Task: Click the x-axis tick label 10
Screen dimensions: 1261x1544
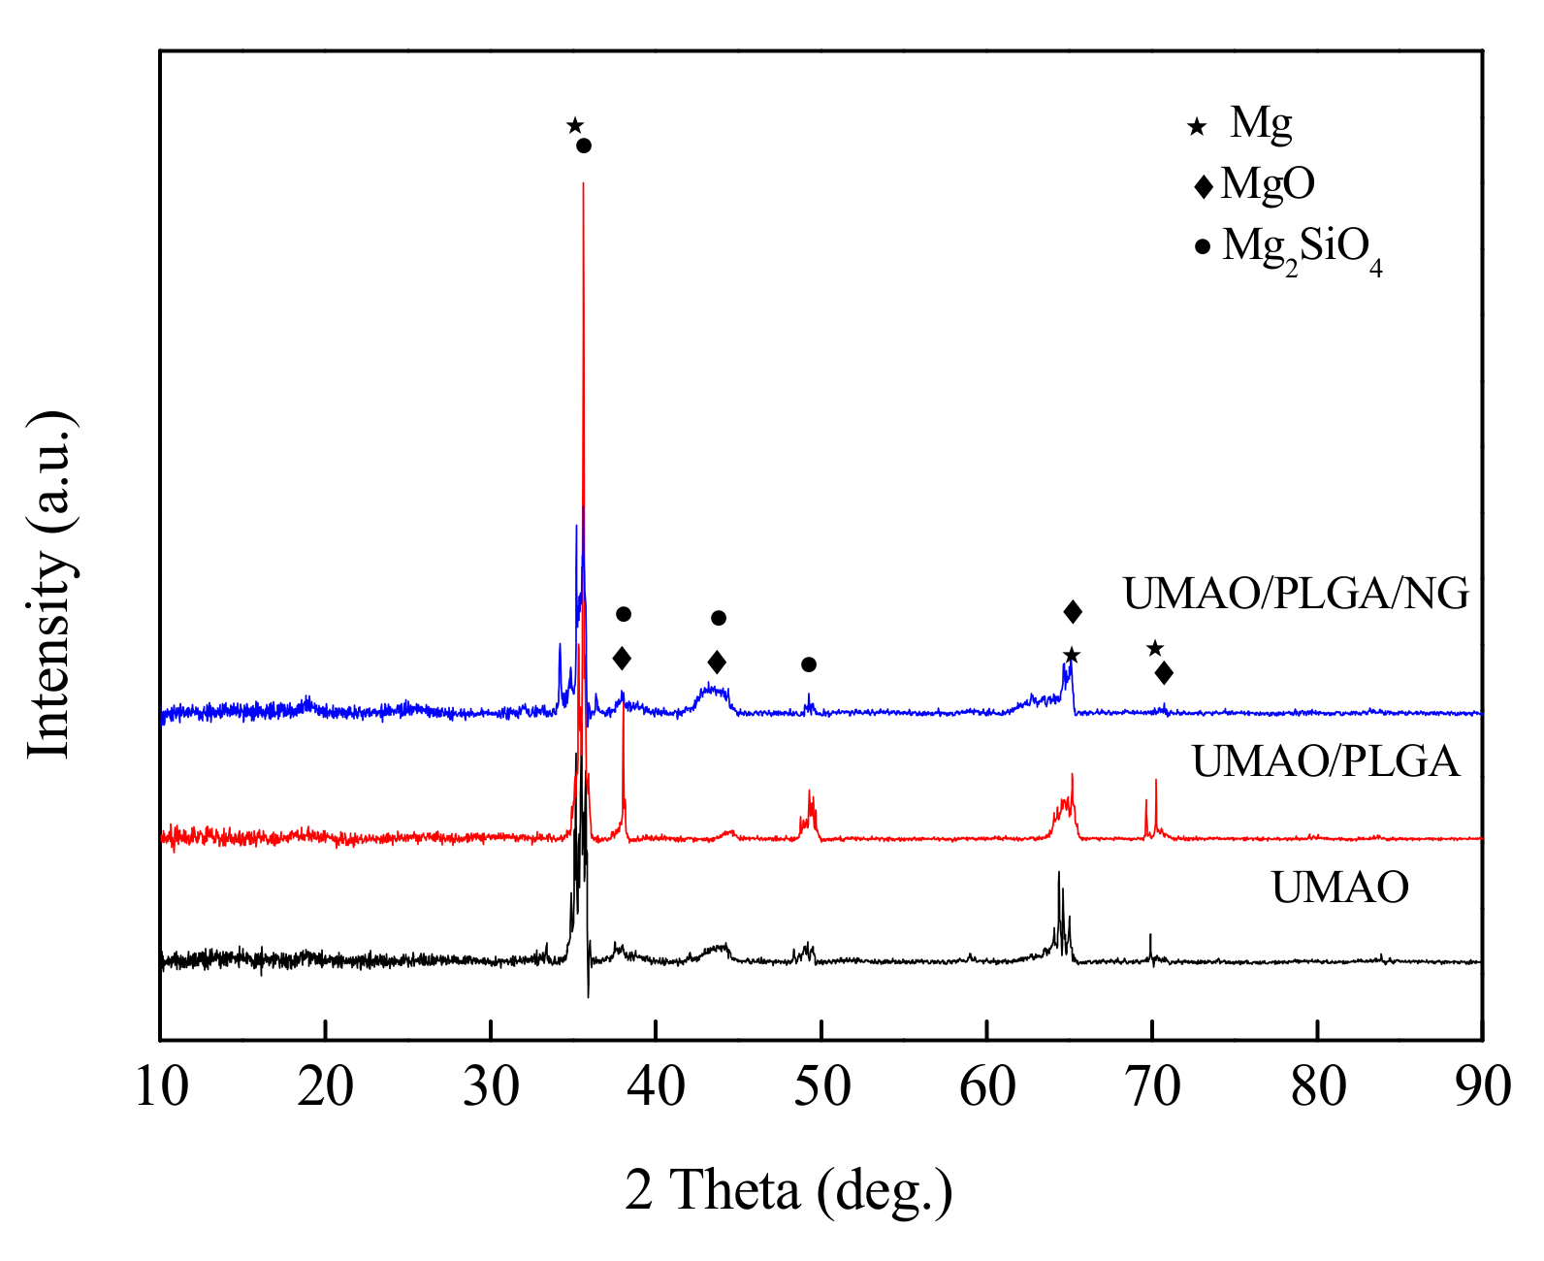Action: point(161,1086)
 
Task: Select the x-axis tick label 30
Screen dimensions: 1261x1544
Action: point(491,1086)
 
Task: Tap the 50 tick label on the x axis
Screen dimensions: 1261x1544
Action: point(821,1086)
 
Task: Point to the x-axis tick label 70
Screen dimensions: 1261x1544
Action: point(1152,1086)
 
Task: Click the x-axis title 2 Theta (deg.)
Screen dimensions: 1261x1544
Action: point(788,1189)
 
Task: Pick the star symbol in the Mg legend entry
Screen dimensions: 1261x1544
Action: point(1198,126)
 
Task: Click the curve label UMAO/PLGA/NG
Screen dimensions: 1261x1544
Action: point(1296,594)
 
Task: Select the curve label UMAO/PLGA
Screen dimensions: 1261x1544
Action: point(1325,762)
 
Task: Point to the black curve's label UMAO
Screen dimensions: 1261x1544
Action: point(1339,888)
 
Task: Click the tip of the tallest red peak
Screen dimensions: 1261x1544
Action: point(583,182)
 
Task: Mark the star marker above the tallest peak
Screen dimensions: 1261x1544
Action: point(574,125)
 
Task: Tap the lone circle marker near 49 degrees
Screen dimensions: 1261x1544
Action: point(809,664)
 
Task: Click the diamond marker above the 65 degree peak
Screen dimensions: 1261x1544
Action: point(1073,611)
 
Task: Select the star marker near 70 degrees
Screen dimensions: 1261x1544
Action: point(1154,648)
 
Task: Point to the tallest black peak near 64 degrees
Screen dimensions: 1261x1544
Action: point(1058,873)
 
